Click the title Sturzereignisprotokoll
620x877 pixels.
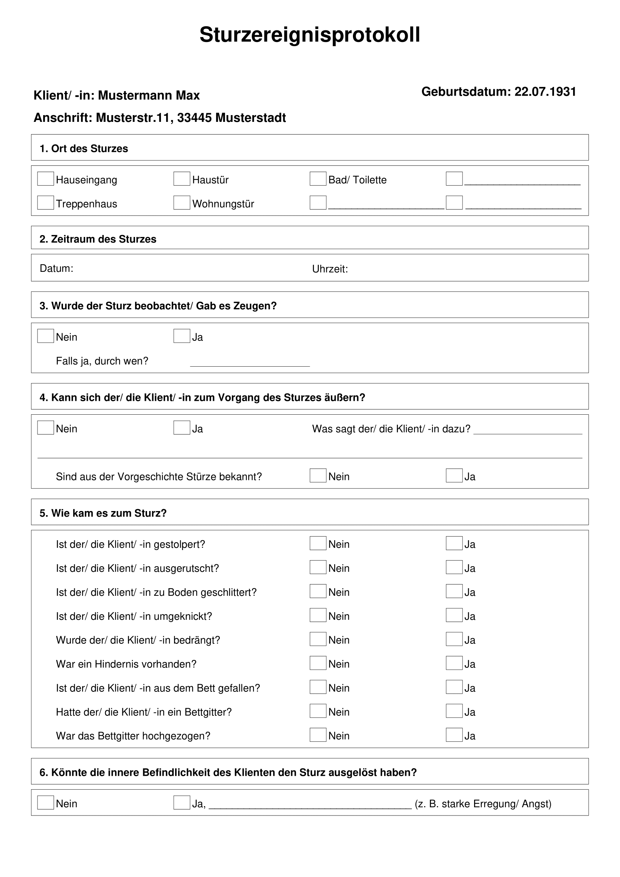tap(309, 35)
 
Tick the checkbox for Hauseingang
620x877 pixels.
tap(45, 179)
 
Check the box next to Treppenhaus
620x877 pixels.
tap(45, 203)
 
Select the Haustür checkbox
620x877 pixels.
tap(182, 179)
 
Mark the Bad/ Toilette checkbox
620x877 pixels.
tap(318, 179)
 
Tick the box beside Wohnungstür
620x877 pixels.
tap(182, 203)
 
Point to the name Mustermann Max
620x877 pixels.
tap(149, 95)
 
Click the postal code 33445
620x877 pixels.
tap(194, 118)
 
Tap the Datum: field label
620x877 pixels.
tap(57, 268)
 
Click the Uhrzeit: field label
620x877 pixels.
tap(330, 269)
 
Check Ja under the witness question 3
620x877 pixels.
tap(182, 336)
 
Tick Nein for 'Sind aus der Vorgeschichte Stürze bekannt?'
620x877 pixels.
tap(318, 475)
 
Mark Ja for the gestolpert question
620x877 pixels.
tap(454, 543)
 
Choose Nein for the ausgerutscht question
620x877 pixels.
tap(318, 567)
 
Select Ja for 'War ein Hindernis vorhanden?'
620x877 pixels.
tap(454, 663)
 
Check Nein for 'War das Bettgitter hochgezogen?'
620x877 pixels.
tap(318, 735)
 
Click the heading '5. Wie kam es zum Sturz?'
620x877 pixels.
tap(103, 513)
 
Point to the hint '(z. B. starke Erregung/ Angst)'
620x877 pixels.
tap(483, 804)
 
